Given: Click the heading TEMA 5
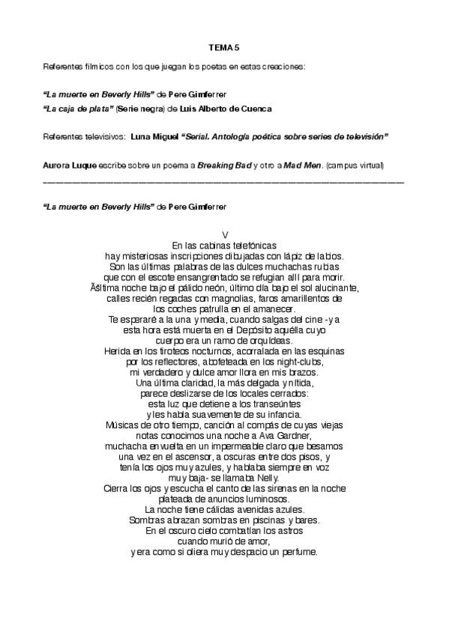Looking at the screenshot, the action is coord(224,47).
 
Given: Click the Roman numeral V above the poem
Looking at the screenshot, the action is coord(225,234).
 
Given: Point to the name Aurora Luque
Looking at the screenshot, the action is coord(69,165).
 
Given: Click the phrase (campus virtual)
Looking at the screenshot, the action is coord(354,165).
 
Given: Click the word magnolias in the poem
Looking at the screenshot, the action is coord(227,297).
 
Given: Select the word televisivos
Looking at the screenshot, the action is coord(103,137).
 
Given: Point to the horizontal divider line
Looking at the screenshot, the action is coord(224,182).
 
